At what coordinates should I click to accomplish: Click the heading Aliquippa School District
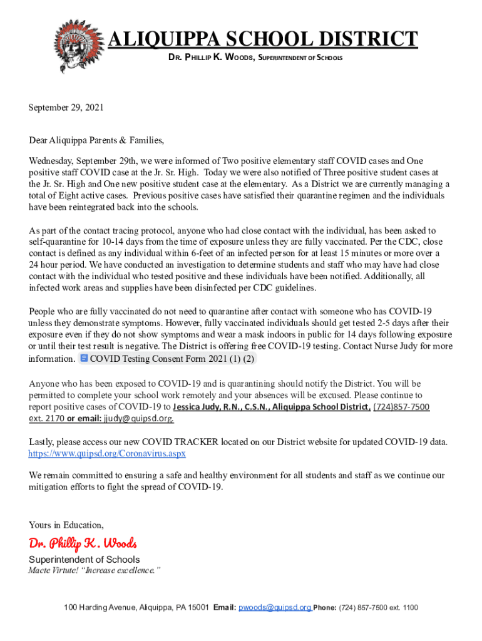(x=263, y=39)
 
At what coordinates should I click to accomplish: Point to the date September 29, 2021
(x=66, y=108)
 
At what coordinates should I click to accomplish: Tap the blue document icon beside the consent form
(x=84, y=359)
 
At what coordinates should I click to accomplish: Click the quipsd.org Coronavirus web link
(x=107, y=453)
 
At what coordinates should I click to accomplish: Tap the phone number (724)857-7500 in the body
(x=401, y=407)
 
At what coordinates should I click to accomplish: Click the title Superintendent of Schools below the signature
(x=85, y=560)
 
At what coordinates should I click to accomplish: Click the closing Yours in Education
(x=66, y=525)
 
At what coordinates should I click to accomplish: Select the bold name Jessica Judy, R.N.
(x=196, y=407)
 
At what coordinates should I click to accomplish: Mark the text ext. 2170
(x=46, y=418)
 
